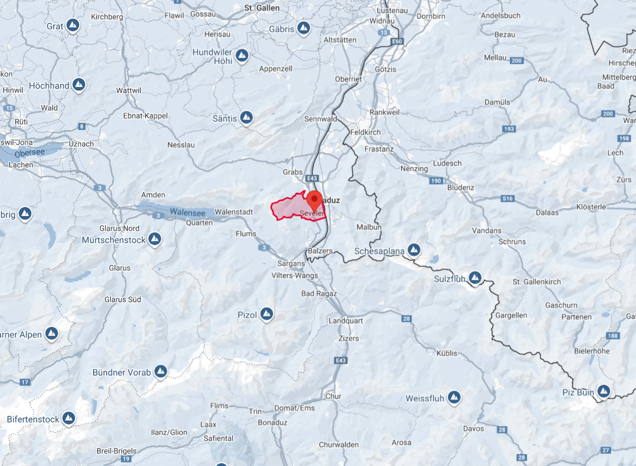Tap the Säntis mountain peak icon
246,118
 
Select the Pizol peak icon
266,315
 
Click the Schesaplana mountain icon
414,249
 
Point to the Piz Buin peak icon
603,391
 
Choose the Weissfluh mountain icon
454,397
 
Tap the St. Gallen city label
262,8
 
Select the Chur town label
333,396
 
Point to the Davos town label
474,429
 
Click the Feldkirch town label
365,132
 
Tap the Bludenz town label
460,187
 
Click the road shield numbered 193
509,129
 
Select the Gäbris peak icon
303,28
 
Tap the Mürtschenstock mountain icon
155,239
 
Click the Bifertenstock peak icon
68,418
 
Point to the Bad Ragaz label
319,293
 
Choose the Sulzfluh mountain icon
475,277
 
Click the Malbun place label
369,227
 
